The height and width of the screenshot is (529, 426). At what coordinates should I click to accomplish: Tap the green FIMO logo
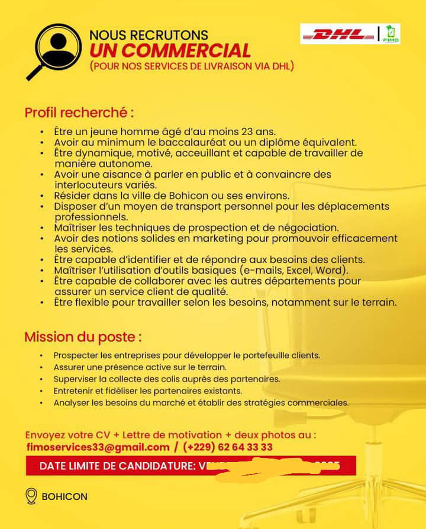tap(391, 34)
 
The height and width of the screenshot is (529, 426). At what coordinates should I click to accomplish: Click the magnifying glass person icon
tap(54, 49)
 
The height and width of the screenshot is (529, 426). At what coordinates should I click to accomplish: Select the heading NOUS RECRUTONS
tap(149, 36)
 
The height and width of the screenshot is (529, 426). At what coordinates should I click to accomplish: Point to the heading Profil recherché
tap(79, 112)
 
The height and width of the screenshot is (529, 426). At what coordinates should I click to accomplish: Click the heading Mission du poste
tap(83, 337)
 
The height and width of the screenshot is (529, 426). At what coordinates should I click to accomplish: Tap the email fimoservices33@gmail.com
tap(98, 447)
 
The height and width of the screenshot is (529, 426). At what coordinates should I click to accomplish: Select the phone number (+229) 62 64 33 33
tap(228, 447)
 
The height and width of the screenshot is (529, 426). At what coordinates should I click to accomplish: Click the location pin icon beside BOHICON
tap(32, 496)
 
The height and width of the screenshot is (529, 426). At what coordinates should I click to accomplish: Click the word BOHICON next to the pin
tap(64, 496)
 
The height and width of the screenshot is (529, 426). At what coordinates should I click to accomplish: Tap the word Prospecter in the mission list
tap(77, 355)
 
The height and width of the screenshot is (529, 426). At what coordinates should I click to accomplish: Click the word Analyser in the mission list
tap(72, 403)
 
